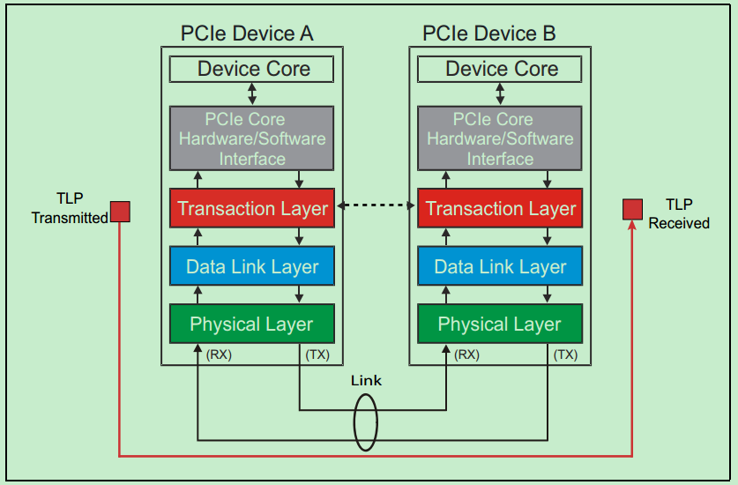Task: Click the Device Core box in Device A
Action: click(252, 69)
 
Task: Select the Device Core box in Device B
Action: click(500, 69)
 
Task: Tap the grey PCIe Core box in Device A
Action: click(252, 138)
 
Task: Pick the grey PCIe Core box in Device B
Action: click(500, 138)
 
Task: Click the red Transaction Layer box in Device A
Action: click(252, 209)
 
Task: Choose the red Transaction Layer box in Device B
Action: click(500, 209)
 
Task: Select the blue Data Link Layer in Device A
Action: click(252, 267)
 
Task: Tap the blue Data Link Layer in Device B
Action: click(500, 267)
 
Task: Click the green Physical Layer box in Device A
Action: click(252, 325)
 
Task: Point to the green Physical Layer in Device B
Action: click(500, 325)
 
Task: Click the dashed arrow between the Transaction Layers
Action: click(376, 206)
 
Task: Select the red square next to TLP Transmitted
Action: click(120, 212)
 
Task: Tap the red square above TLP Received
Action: click(632, 209)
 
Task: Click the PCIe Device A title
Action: click(247, 34)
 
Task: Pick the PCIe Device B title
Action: click(489, 34)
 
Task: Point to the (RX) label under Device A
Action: click(219, 355)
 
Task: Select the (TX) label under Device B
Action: click(565, 355)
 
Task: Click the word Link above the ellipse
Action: click(366, 381)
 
